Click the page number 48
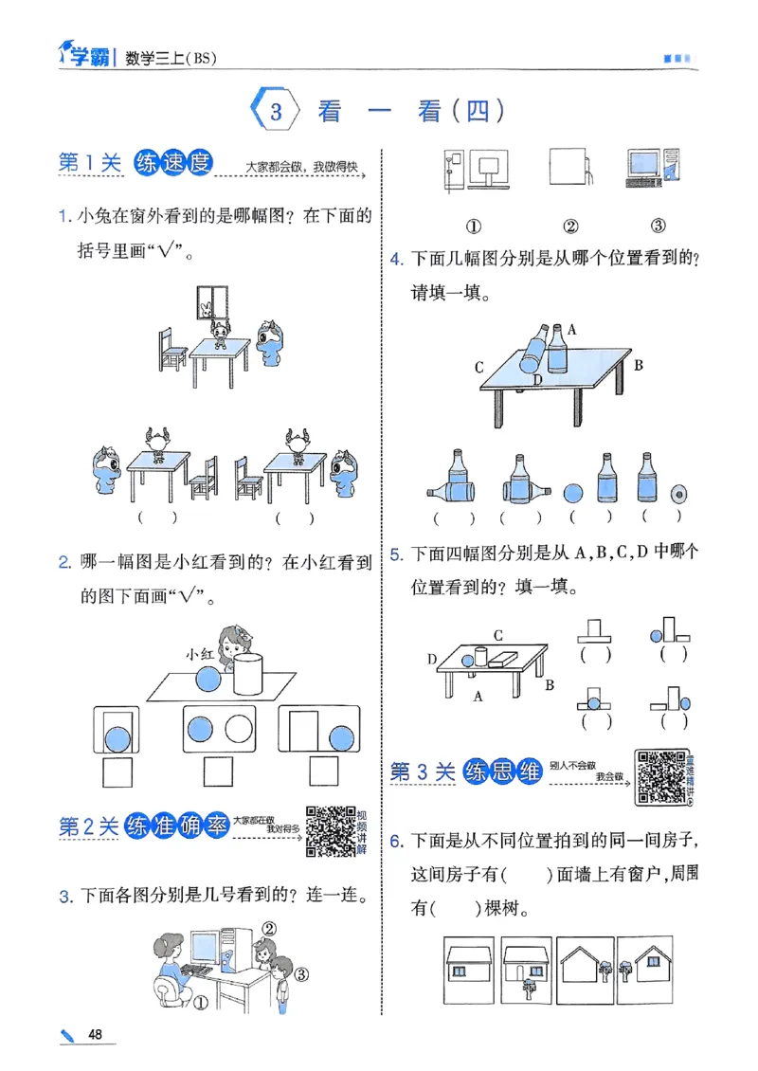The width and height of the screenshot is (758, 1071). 94,1034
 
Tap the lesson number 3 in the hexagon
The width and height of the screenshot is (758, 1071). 276,112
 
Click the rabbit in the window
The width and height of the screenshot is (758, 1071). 207,307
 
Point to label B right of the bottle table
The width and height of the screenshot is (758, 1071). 639,365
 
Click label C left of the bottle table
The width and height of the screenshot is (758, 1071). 479,367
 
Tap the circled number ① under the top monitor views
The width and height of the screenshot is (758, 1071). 473,226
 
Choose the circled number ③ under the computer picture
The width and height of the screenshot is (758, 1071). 658,226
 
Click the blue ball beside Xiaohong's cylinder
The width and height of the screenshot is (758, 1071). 208,680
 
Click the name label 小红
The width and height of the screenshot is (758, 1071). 201,654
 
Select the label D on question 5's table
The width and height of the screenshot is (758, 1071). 433,658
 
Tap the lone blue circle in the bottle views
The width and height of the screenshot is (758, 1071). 574,494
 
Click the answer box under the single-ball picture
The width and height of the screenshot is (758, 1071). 117,773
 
